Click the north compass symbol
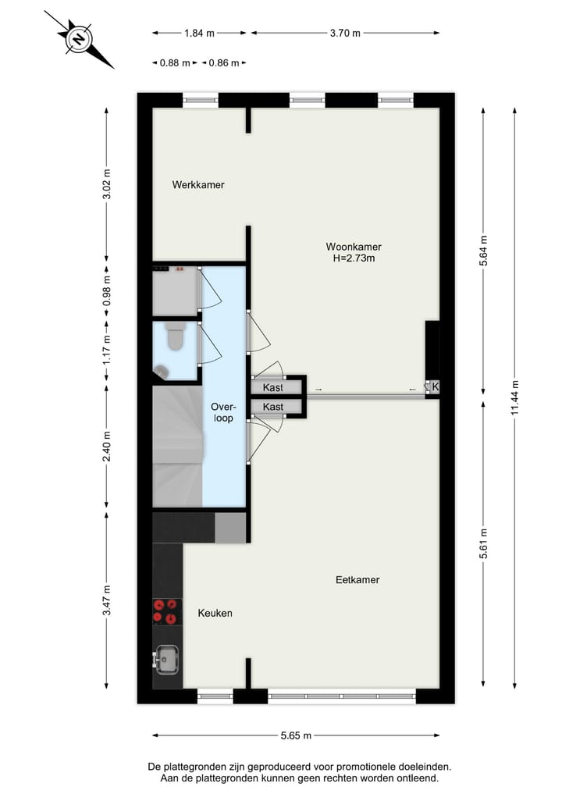coord(79,39)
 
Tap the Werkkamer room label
coord(198,185)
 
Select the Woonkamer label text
coord(354,247)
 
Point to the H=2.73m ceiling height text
coord(354,258)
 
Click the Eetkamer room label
coord(357,580)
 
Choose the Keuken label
coord(215,614)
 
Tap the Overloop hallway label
coord(223,412)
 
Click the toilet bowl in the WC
coord(176,337)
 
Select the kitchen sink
coord(166,660)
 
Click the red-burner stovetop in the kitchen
coord(167,611)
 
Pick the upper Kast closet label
coord(273,387)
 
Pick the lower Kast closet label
coord(273,407)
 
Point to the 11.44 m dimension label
coord(514,398)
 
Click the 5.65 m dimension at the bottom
coord(296,735)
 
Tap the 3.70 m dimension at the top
coord(345,33)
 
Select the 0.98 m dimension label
coord(108,291)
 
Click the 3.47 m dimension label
coord(108,600)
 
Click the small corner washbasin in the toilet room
coord(162,372)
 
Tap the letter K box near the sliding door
coord(435,387)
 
